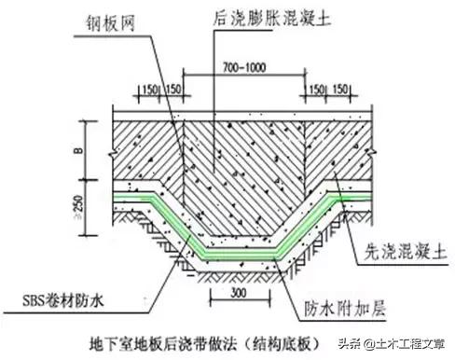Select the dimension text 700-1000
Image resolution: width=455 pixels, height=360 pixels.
click(x=249, y=67)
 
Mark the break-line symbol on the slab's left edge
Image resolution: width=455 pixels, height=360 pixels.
click(x=111, y=145)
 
